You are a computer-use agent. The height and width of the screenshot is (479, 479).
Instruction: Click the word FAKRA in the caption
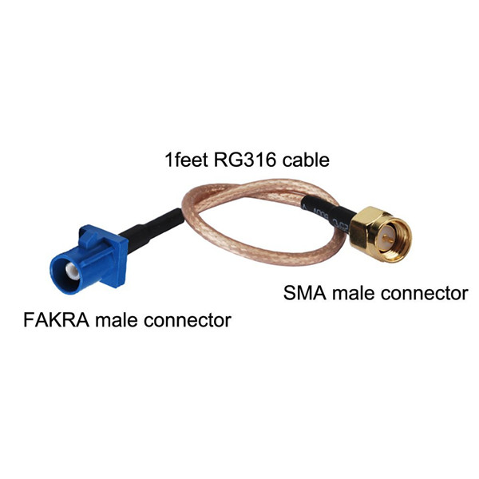pos(57,320)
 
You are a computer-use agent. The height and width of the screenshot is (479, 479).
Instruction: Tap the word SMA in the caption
pos(305,293)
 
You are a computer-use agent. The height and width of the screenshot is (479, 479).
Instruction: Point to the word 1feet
pos(186,160)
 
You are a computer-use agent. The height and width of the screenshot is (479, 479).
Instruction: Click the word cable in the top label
pos(306,160)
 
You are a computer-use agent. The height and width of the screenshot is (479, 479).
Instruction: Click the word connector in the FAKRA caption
pos(188,320)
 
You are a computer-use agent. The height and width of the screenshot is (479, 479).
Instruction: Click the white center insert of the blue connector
pos(73,271)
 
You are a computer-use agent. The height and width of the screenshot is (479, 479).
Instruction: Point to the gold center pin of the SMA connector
pos(389,239)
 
